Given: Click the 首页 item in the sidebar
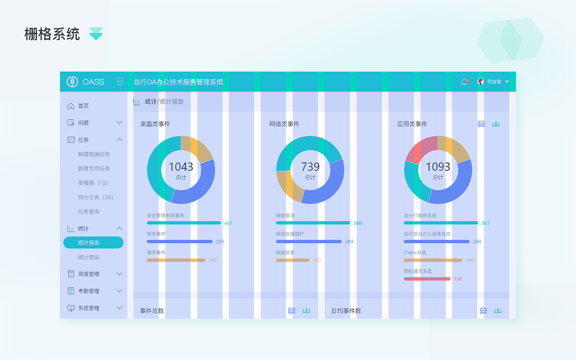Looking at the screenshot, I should point(83,106).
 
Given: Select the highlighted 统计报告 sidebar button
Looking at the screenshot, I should point(93,243).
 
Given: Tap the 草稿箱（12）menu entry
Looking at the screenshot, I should point(93,183).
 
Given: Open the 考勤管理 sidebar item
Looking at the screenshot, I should point(89,291).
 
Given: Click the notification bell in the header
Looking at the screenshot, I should point(464,82).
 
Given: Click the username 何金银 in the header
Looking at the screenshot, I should point(494,82).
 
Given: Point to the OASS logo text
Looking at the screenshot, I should point(93,82).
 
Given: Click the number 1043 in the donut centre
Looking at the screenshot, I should point(181,167).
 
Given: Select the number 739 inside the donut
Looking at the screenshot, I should point(310,167).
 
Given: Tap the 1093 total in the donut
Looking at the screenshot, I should point(438,167).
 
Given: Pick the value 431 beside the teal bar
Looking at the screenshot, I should point(228,223).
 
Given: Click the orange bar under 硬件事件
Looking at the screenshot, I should point(176,260).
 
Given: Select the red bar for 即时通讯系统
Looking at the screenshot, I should point(427,279).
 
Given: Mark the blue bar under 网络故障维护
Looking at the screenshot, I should point(309,242).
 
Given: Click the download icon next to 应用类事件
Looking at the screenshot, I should point(496,124).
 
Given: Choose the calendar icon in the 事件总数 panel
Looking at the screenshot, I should point(292,310).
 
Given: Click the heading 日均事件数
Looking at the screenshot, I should point(346,311).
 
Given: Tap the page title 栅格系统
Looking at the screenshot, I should point(52,34).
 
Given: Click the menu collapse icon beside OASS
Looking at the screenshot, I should point(120,81).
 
